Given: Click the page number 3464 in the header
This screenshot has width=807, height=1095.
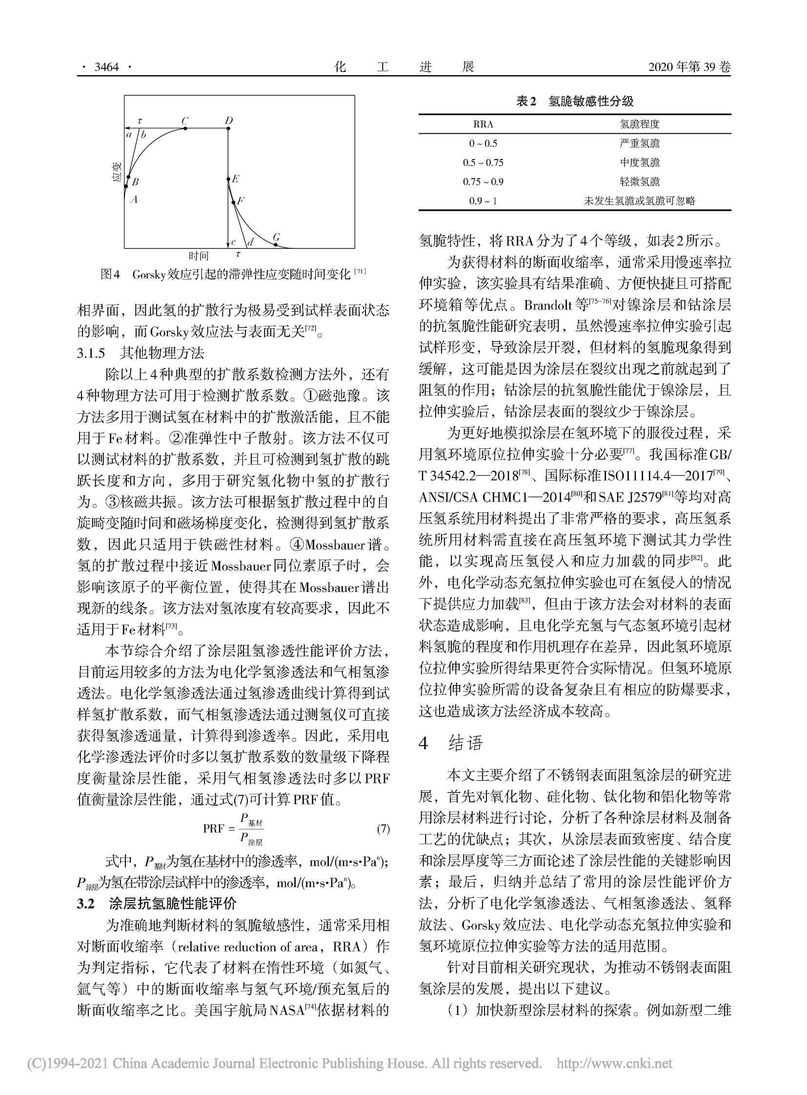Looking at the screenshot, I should pyautogui.click(x=106, y=66).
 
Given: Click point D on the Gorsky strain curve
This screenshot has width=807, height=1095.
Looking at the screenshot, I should pyautogui.click(x=229, y=128).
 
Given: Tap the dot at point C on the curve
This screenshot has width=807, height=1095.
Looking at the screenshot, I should pyautogui.click(x=185, y=128).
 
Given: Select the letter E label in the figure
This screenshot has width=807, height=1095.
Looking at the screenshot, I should pyautogui.click(x=236, y=179).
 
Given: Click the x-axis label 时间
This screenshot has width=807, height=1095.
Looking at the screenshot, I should pyautogui.click(x=199, y=256).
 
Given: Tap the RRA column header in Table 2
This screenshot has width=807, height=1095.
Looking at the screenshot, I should pyautogui.click(x=483, y=124).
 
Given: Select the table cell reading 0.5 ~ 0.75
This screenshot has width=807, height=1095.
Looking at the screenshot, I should pyautogui.click(x=483, y=162).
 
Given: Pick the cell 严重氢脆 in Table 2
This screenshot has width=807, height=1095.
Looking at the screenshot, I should pyautogui.click(x=640, y=143).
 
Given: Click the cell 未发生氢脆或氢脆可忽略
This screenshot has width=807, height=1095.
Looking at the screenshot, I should pyautogui.click(x=640, y=201).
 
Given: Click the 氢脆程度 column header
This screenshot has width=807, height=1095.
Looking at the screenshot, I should pyautogui.click(x=640, y=124).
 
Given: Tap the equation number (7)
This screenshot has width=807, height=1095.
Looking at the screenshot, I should pyautogui.click(x=383, y=829).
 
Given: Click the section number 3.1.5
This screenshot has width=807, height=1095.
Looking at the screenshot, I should pyautogui.click(x=91, y=353).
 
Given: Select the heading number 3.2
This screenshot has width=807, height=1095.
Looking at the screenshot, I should pyautogui.click(x=85, y=903).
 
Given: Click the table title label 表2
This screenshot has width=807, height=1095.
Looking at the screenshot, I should pyautogui.click(x=526, y=101).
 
